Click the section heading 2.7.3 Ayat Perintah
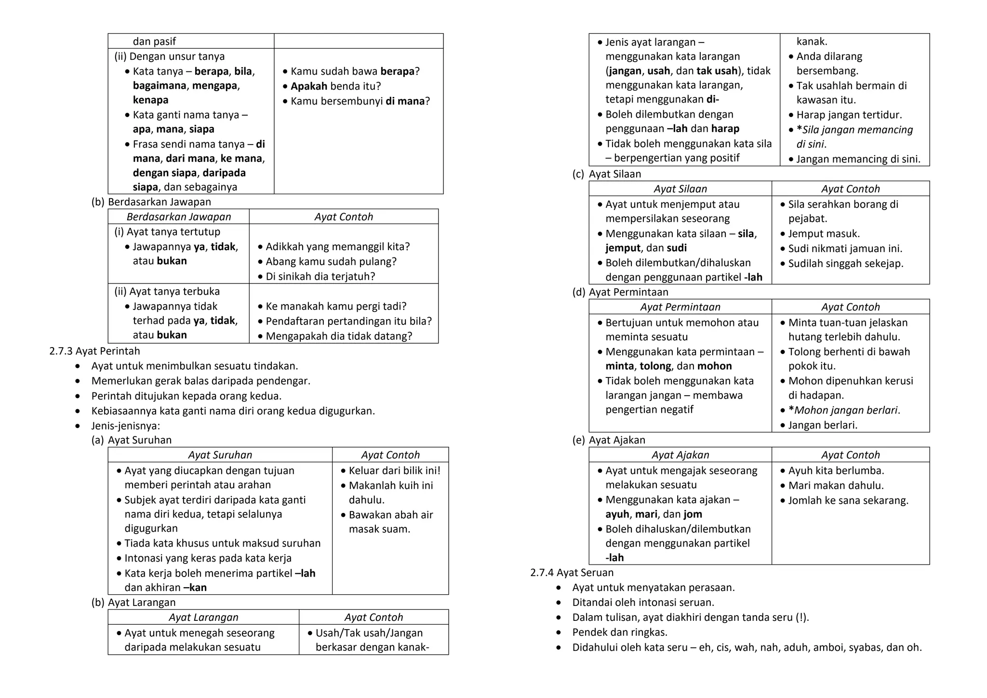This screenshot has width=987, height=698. tap(94, 351)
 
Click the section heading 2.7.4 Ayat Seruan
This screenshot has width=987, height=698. tap(572, 573)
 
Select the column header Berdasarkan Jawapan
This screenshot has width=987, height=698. tap(179, 217)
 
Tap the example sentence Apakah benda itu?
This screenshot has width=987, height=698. tap(335, 86)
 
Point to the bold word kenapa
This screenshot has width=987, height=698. tap(150, 100)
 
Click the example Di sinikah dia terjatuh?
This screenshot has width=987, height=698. tap(320, 277)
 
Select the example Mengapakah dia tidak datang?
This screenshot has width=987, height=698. tap(339, 336)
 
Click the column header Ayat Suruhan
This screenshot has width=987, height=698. tap(220, 455)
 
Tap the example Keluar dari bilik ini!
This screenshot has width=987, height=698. tap(394, 470)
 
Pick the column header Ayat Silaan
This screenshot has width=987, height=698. tap(680, 189)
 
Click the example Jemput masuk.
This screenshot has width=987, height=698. tap(824, 234)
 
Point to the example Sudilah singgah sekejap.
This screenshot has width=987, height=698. tap(845, 264)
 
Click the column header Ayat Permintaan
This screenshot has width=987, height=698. tap(680, 307)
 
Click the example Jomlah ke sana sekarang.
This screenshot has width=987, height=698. tap(848, 500)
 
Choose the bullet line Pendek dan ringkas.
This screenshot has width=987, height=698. tap(620, 632)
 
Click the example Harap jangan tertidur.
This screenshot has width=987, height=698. tap(849, 115)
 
